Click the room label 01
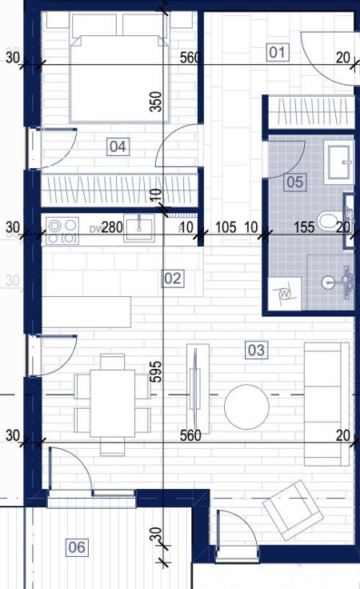point(278,52)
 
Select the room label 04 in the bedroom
point(118,146)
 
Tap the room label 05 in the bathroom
point(294,182)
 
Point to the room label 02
point(173,278)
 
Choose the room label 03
point(256,350)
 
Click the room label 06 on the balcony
point(77,547)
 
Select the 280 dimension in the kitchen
point(112,227)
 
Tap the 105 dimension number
point(226,227)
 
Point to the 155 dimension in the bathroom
point(304,227)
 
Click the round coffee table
point(246,407)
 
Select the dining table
point(112,403)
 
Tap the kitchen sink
point(139,228)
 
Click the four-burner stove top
point(62,230)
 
